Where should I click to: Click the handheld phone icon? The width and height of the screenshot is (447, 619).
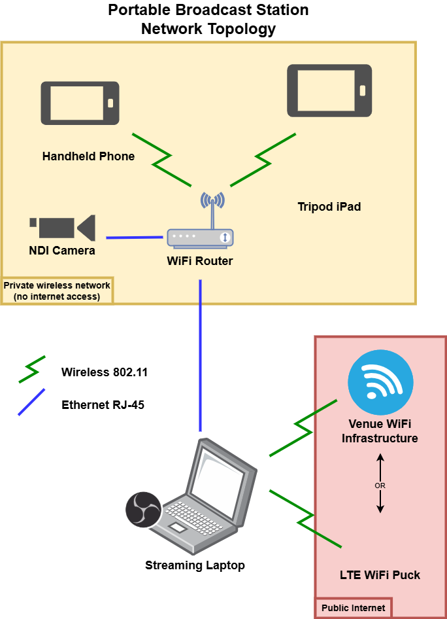[80, 103]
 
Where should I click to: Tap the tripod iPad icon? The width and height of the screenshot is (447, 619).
[329, 91]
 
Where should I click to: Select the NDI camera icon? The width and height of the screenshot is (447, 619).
[63, 227]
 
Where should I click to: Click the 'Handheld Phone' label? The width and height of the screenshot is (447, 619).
[88, 156]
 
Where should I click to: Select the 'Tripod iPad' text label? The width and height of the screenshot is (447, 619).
[329, 207]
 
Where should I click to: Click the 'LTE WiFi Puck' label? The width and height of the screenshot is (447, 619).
[380, 575]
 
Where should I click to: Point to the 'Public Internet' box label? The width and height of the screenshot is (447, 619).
[353, 608]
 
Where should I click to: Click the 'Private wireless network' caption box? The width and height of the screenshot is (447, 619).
[58, 291]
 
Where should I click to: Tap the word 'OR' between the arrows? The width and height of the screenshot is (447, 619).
[380, 486]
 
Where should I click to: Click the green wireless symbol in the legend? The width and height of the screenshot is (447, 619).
[32, 370]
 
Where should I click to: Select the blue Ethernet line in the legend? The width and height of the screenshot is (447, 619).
[31, 402]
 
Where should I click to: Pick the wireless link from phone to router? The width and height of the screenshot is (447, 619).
[162, 158]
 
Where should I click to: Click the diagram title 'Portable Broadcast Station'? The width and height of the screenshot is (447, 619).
[208, 10]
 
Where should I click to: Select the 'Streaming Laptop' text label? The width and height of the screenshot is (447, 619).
[195, 565]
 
